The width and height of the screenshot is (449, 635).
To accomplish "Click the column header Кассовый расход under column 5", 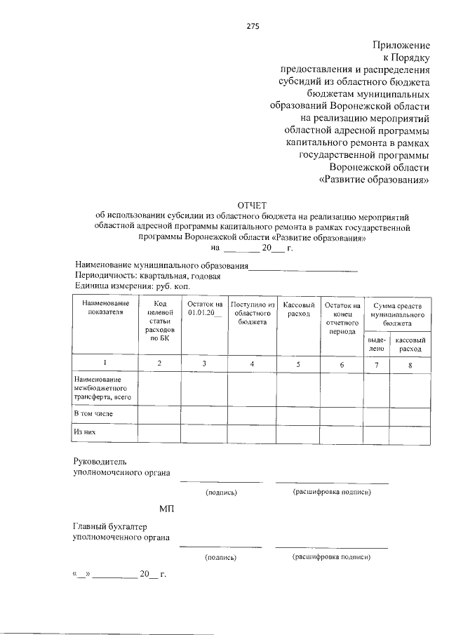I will coord(298,309).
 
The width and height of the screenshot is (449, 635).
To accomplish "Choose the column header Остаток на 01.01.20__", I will coord(205,309).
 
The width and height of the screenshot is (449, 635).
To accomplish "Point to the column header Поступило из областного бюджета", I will coord(252,314).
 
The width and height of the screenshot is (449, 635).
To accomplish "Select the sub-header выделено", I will coord(377,343).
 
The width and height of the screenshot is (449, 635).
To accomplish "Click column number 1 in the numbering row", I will coord(105,363).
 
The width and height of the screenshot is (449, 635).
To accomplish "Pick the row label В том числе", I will coord(93,415).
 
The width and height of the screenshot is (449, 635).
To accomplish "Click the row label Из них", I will coord(85,432).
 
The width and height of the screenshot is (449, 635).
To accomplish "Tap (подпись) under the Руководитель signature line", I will coord(221,493).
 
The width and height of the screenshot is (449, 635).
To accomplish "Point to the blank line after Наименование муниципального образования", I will coord(304,267).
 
